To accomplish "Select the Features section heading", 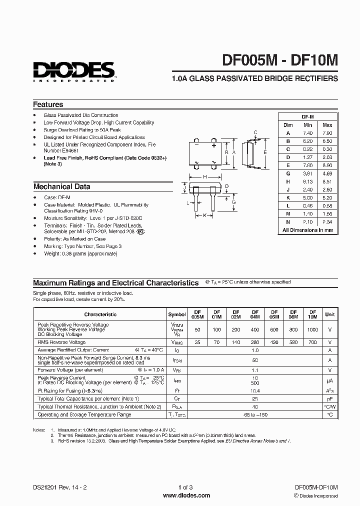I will (x=48, y=104).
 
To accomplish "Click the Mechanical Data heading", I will (x=61, y=186).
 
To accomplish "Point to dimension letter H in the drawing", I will (x=205, y=177).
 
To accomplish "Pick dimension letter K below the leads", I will (x=204, y=215).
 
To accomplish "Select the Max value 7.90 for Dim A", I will (x=327, y=133).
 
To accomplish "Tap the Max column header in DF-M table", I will (x=327, y=125).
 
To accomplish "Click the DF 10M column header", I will (x=312, y=314).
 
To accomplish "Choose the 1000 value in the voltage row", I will (x=312, y=330).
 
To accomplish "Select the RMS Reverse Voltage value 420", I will (x=274, y=342).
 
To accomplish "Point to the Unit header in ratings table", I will (x=330, y=314).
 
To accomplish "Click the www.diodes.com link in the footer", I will (x=179, y=495).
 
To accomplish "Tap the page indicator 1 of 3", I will (x=179, y=487).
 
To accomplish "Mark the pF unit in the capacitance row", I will (x=330, y=398).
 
